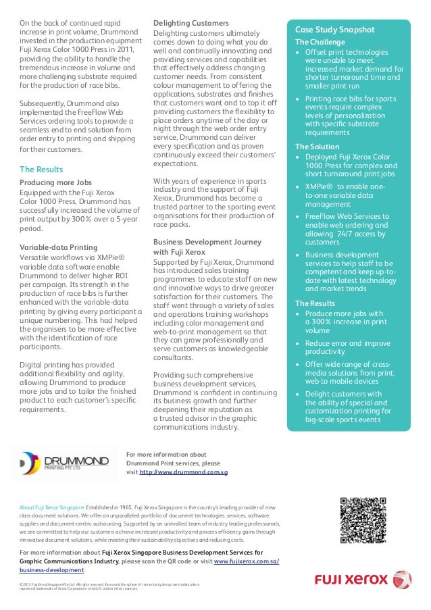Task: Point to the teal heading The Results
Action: point(42,169)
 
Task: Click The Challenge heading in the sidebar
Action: point(320,42)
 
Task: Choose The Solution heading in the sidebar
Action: point(317,147)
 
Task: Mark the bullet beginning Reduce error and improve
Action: point(347,348)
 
